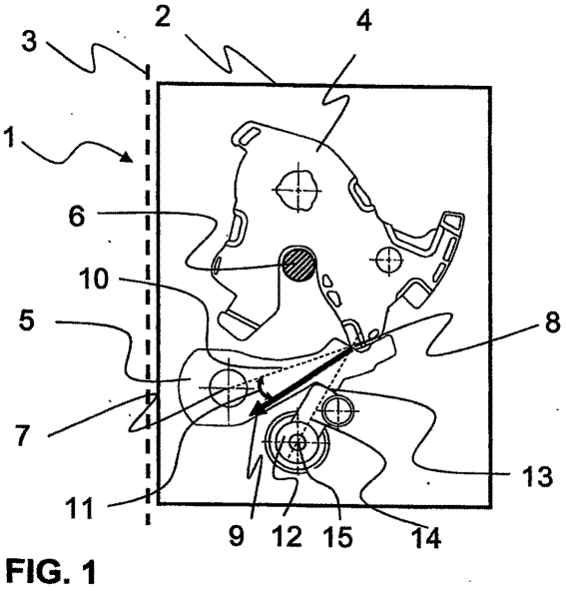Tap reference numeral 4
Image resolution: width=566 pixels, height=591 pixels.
363,18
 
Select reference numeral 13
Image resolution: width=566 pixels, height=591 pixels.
537,474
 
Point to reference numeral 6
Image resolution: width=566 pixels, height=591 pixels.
77,216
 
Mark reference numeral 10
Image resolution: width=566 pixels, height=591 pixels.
94,280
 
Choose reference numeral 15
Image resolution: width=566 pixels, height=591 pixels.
339,535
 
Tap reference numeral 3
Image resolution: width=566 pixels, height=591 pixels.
29,41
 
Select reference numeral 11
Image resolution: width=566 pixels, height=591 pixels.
79,507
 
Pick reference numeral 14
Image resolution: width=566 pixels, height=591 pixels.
427,537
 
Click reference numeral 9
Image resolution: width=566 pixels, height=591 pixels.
237,535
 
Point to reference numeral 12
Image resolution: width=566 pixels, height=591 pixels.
287,535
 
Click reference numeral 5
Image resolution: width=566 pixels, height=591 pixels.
26,320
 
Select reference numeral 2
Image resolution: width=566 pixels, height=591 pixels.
163,16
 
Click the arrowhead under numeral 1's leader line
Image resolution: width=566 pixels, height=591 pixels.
128,157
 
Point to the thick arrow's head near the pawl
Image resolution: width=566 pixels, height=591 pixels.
257,409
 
